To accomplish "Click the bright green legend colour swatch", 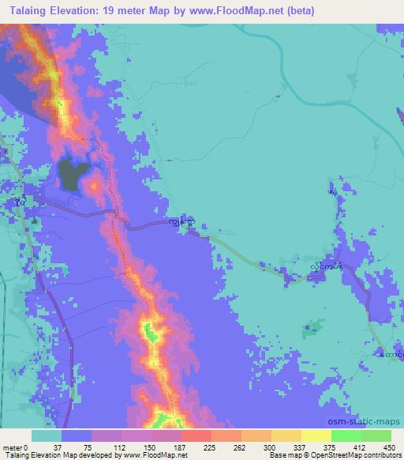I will pos(346,435).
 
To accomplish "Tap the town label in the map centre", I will pos(181,224).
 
